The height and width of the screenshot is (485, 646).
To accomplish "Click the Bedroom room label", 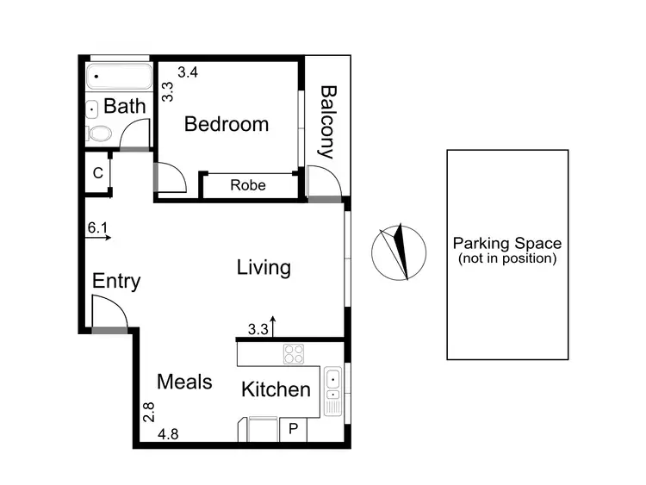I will tap(227, 124).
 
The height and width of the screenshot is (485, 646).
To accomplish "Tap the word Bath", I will tap(125, 107).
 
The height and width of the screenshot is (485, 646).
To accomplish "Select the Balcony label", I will tap(327, 121).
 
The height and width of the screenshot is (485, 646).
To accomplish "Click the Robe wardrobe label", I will tap(248, 185).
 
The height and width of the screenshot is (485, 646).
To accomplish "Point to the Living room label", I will tap(264, 268).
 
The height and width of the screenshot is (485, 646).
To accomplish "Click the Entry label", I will tap(116, 282).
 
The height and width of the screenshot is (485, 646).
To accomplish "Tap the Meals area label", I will tap(184, 382).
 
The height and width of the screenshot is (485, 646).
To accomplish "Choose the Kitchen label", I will tap(276, 389).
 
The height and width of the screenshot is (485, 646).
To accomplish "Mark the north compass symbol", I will tap(398, 252).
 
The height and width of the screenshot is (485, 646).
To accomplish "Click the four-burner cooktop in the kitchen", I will tap(294, 354).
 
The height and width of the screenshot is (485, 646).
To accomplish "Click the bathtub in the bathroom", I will tap(120, 78).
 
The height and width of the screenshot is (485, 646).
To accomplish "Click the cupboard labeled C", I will tap(98, 173).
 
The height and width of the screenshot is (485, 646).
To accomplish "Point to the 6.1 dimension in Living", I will tap(97, 228).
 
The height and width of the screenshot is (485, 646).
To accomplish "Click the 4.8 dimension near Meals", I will tap(169, 434).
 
